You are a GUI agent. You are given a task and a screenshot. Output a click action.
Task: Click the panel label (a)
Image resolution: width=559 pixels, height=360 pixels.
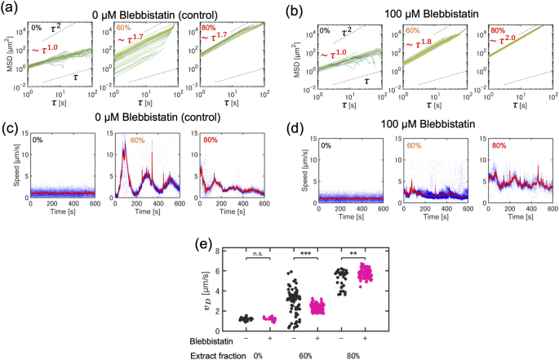tap(11, 9)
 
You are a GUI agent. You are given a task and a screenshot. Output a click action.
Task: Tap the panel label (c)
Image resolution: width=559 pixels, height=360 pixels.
tap(11, 129)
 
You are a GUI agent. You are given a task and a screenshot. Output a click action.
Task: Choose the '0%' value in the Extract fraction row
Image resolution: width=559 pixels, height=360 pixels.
tap(260, 354)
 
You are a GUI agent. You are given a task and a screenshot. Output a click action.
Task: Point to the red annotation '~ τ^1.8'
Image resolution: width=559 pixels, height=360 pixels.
tap(424, 57)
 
